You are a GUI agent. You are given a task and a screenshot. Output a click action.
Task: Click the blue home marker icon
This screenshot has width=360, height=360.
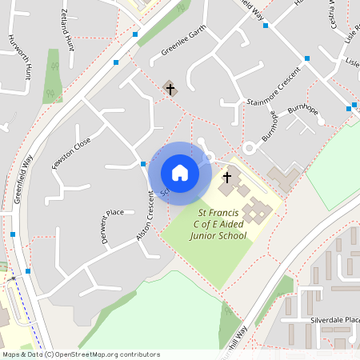point(180,173)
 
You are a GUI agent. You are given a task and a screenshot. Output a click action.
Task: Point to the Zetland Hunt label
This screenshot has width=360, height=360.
point(67,30)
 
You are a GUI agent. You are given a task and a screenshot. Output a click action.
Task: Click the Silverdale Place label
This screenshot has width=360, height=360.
point(335,319)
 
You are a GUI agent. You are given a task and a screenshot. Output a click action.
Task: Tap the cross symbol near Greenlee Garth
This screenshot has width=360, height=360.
point(169,88)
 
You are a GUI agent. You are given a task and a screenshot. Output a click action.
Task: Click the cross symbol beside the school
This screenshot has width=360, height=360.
point(226,177)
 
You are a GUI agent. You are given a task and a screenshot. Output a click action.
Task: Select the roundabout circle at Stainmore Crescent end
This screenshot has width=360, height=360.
point(250,148)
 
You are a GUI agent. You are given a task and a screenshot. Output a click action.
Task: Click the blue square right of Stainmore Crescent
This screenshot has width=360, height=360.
point(306,58)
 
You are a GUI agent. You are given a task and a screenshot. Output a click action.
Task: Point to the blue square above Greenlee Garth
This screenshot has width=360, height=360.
point(136,35)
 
